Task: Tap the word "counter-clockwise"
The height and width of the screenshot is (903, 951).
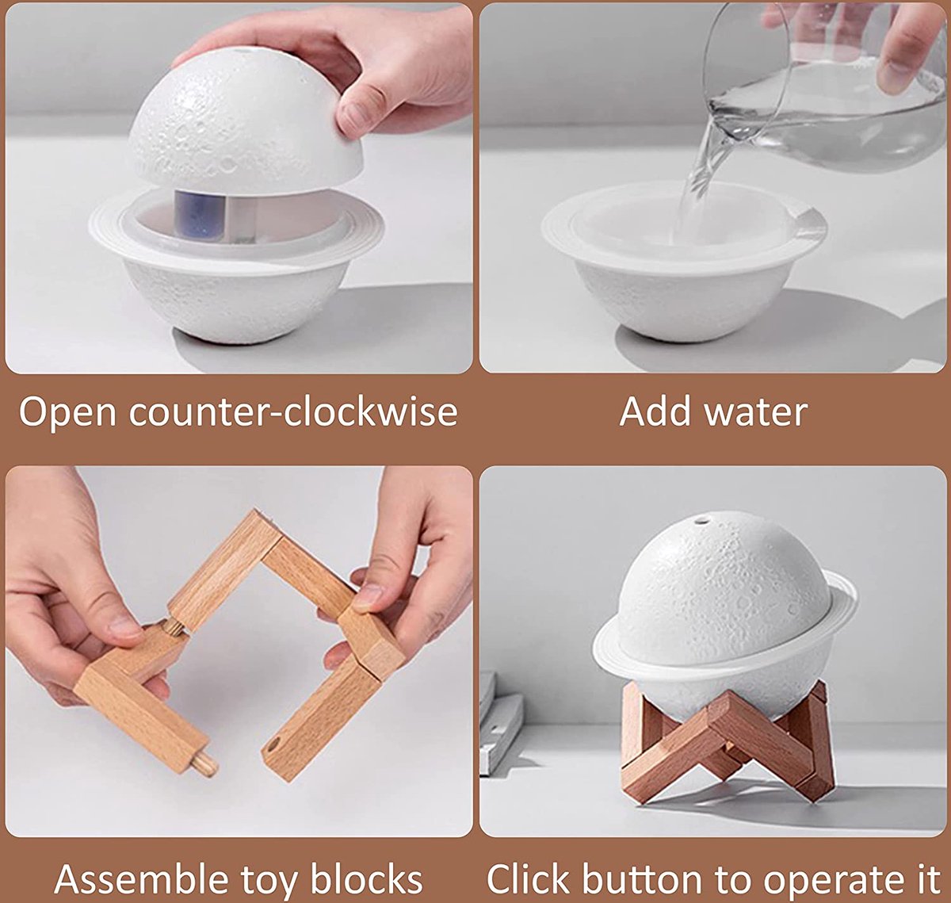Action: pyautogui.click(x=293, y=411)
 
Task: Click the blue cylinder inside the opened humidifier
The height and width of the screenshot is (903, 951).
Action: pyautogui.click(x=200, y=213)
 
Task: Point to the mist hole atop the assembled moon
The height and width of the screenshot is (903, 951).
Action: pyautogui.click(x=701, y=522)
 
